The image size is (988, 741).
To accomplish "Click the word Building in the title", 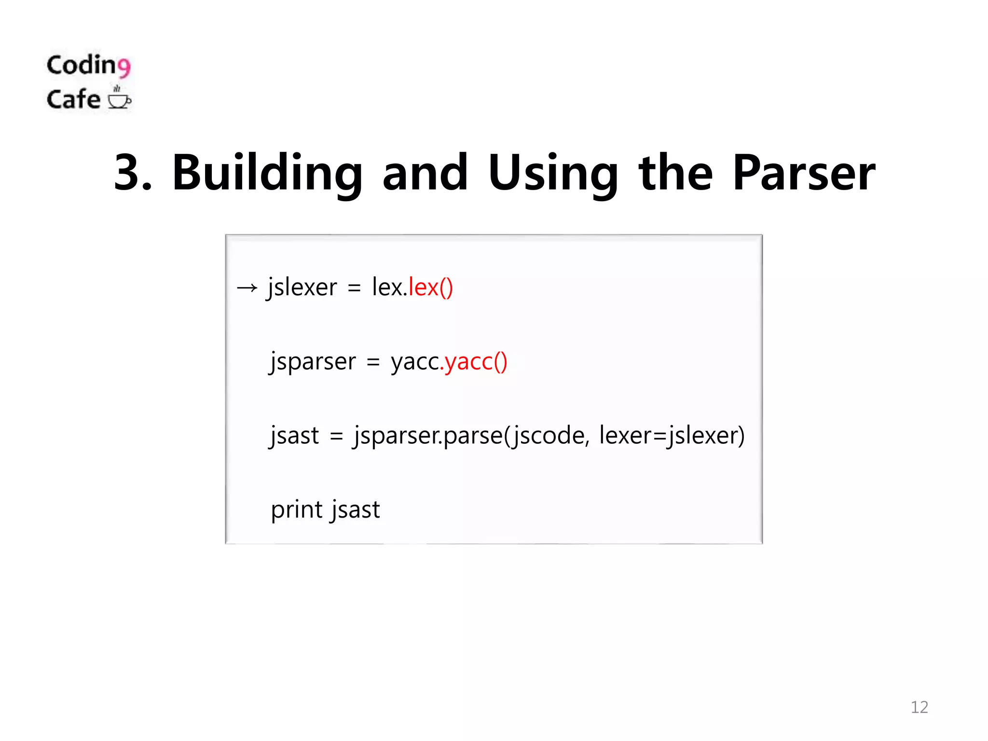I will tap(267, 173).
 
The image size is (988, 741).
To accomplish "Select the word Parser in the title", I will tap(803, 173).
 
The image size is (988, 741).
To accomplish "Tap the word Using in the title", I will tap(553, 173).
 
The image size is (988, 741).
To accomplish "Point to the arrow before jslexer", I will tap(247, 288).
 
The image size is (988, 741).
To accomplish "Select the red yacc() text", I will tap(476, 361).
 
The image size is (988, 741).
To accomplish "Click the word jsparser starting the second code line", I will tap(313, 362).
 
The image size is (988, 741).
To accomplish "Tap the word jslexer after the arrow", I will tap(302, 288).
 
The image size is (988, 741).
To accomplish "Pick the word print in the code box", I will tap(297, 510).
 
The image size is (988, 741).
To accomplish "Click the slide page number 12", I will tap(919, 707).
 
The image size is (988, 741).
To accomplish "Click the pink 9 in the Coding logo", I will tap(124, 67).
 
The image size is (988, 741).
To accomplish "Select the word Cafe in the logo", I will tap(73, 99).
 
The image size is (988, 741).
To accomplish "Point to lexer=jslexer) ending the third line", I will tap(672, 436).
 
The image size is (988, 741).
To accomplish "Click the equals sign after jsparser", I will tap(373, 362).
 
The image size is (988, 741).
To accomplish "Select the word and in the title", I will tap(425, 173).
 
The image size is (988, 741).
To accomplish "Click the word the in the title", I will tap(675, 173).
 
